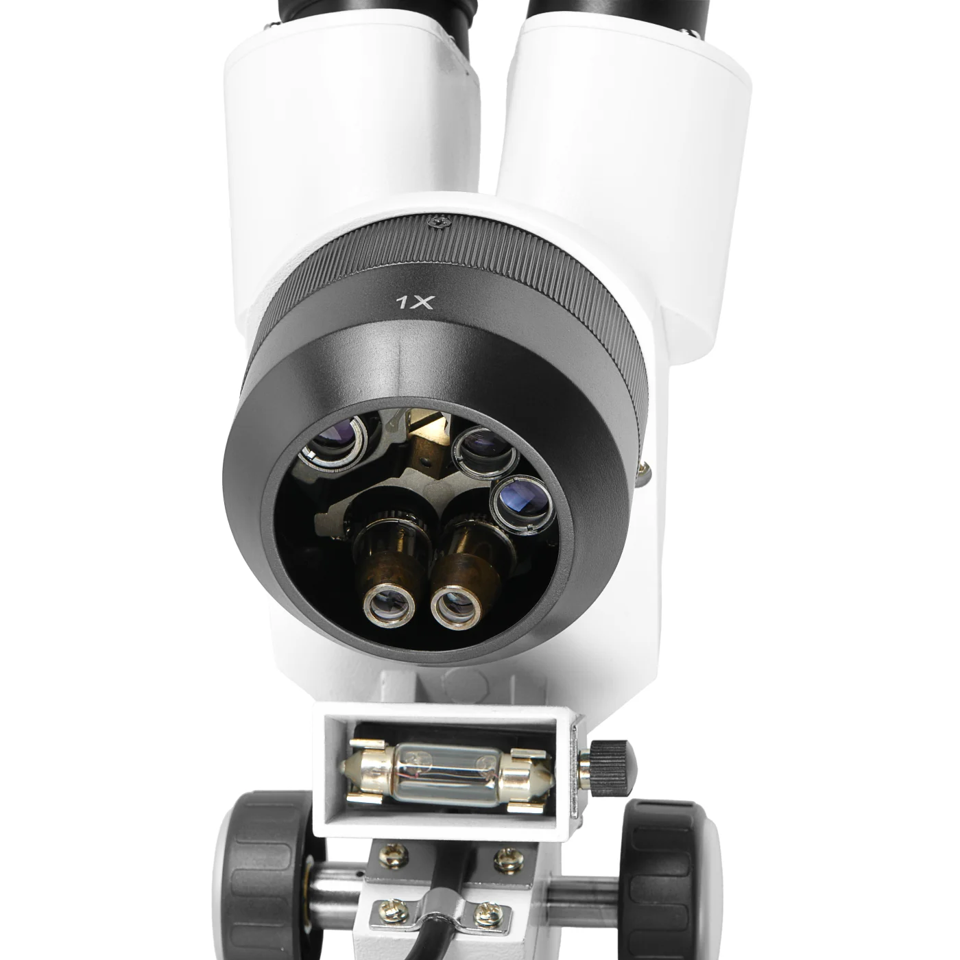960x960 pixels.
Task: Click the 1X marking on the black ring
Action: coord(415,302)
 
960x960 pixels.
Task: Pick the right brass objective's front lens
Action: coord(456,608)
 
